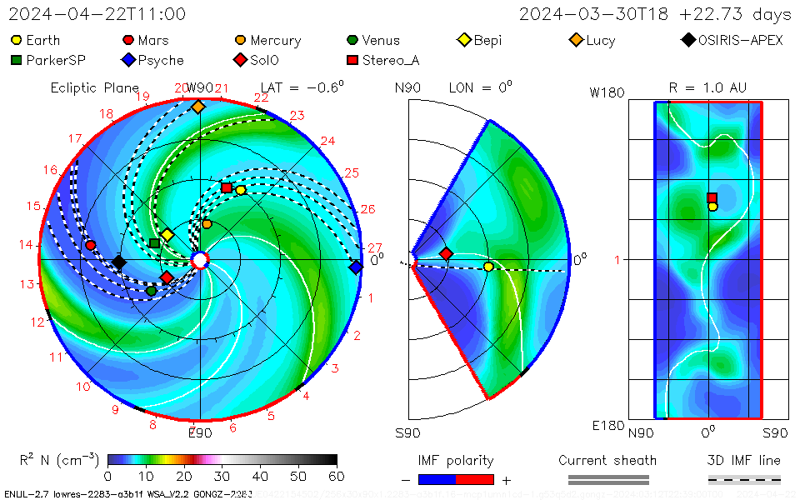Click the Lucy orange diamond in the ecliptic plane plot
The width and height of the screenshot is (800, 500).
[197, 107]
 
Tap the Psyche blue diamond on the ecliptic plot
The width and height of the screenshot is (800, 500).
[356, 267]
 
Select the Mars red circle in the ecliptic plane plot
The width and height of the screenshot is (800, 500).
[91, 245]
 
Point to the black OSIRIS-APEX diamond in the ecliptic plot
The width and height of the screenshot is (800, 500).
[119, 262]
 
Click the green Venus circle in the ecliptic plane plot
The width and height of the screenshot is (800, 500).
[151, 291]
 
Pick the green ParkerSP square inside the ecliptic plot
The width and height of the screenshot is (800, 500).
[154, 243]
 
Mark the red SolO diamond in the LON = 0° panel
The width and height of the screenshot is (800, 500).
[446, 253]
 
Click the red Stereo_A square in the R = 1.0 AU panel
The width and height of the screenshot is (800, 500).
[712, 197]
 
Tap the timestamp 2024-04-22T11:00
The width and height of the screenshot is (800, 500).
[97, 14]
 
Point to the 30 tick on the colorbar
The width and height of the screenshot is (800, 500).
[222, 477]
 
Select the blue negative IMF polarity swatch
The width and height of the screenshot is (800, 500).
[437, 479]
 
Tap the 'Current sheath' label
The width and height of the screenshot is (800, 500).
[607, 460]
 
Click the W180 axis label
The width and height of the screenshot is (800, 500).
[607, 92]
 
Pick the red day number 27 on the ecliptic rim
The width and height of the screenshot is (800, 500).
[375, 247]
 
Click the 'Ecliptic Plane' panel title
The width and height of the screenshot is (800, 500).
[94, 87]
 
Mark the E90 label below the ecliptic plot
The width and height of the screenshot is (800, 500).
[200, 432]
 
